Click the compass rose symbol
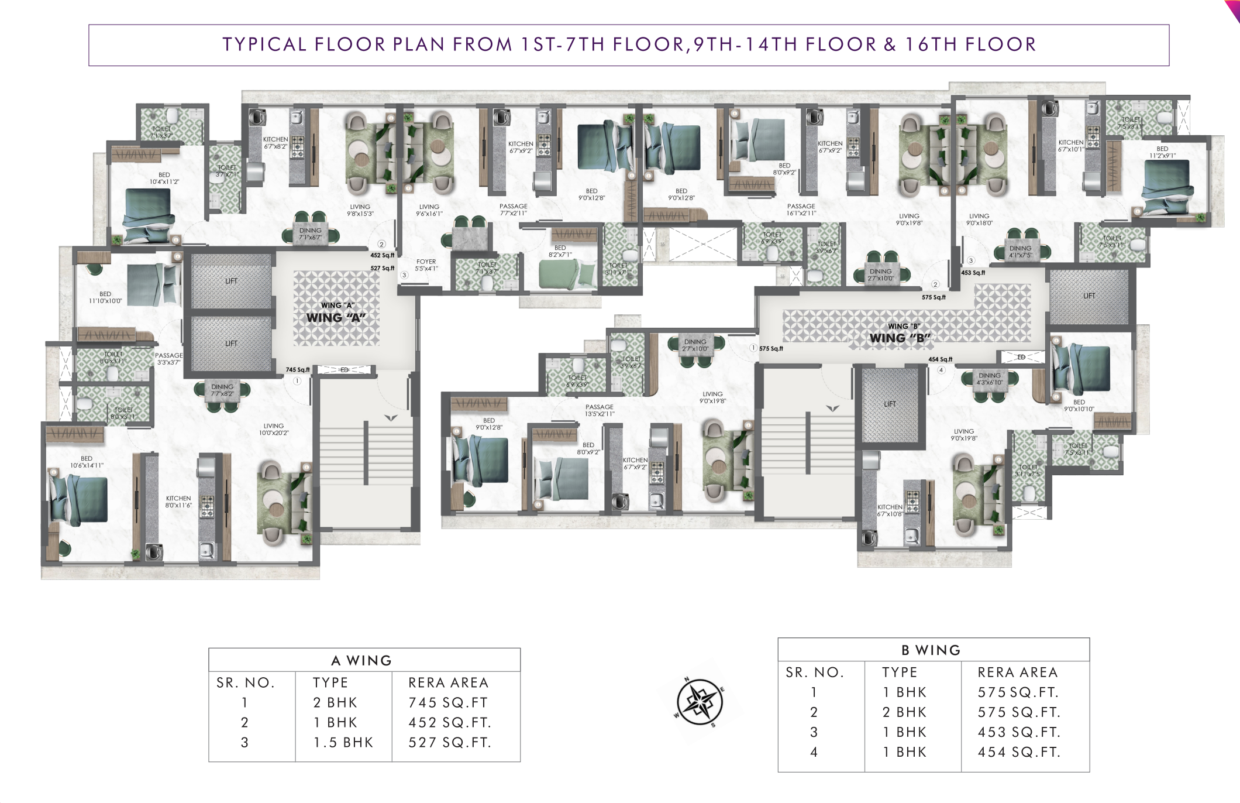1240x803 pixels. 699,701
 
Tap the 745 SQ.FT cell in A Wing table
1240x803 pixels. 448,702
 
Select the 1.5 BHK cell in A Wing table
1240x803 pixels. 343,742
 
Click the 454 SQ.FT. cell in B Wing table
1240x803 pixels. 1019,752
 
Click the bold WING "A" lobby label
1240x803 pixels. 336,318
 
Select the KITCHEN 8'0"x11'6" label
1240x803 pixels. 178,502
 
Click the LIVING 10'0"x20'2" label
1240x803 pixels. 274,430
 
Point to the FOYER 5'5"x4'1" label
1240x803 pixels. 426,265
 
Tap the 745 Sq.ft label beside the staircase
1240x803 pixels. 298,370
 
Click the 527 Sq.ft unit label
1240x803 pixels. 383,268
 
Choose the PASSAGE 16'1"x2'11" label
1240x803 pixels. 801,210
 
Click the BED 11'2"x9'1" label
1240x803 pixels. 1162,152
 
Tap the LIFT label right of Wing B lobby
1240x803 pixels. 1089,296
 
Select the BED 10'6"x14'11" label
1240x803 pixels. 87,462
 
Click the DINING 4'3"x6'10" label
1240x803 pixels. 990,379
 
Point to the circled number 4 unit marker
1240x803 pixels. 941,370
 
